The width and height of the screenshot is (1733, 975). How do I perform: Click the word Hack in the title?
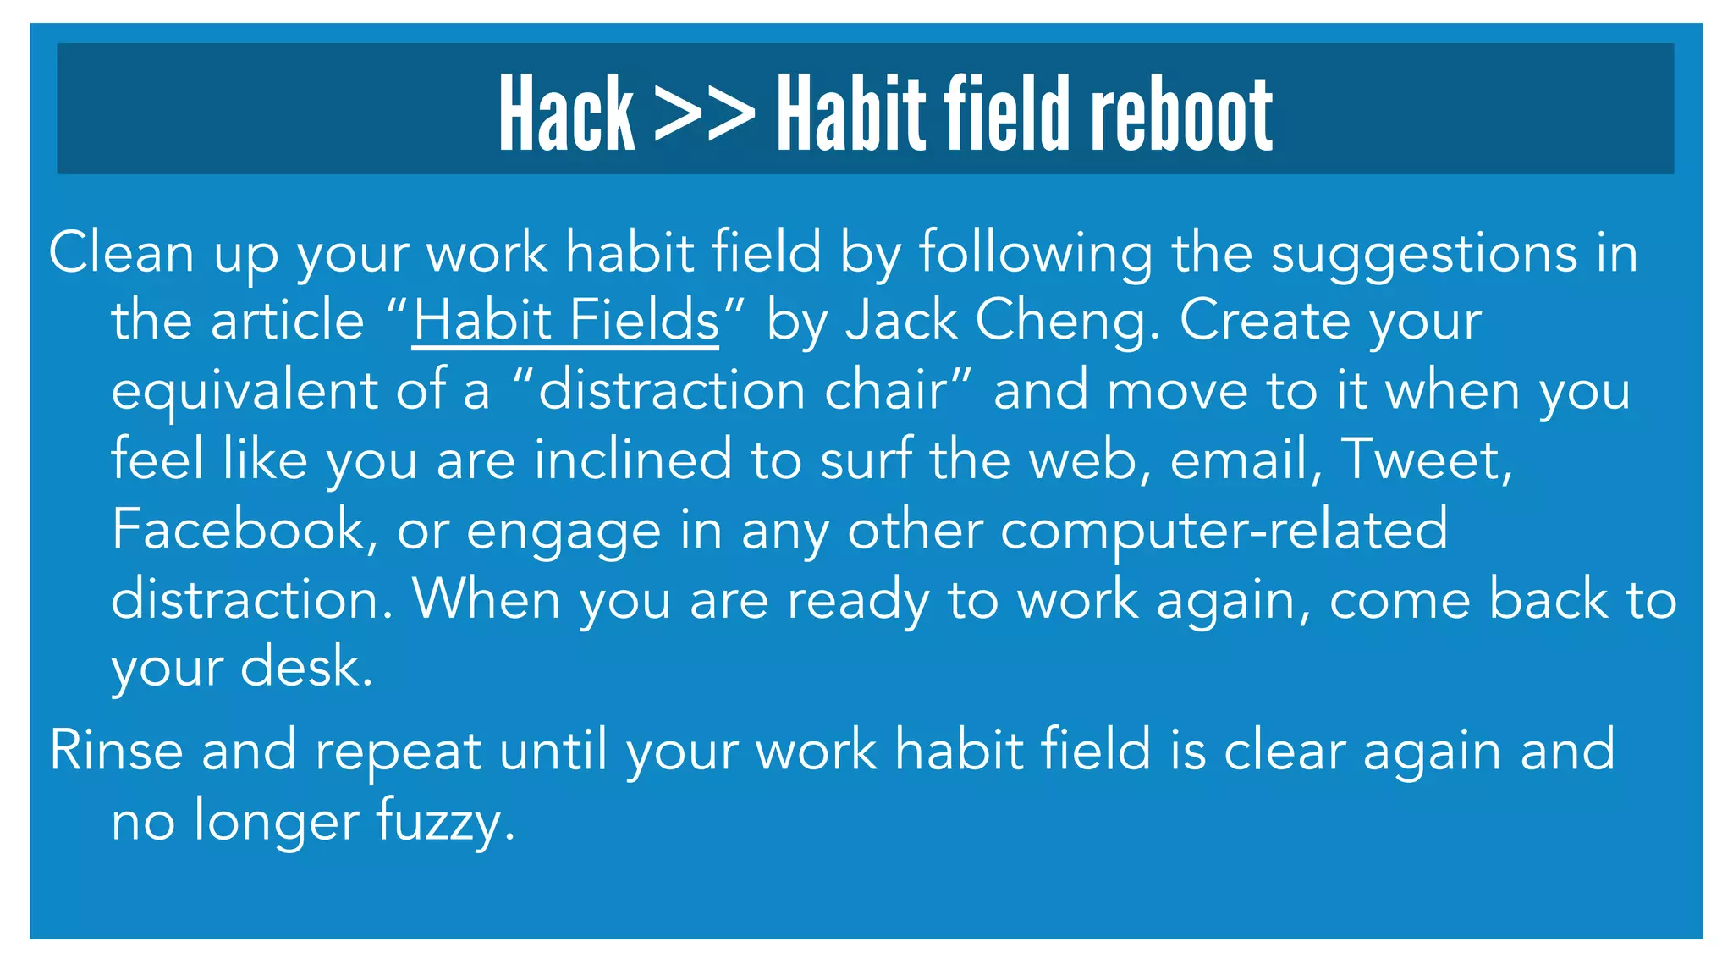point(566,113)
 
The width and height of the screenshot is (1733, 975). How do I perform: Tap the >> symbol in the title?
point(705,113)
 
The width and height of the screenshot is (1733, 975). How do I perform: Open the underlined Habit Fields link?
point(565,321)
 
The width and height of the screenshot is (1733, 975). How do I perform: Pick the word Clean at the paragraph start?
point(121,252)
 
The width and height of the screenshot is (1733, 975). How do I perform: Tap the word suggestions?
point(1424,254)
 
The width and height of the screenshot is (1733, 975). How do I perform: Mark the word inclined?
point(633,460)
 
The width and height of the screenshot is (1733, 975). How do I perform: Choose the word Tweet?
point(1427,460)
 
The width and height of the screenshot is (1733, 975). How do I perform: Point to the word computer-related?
point(1224,531)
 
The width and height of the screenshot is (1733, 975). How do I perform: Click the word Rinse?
point(116,750)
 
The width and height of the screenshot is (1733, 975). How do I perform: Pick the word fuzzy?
point(445,822)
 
